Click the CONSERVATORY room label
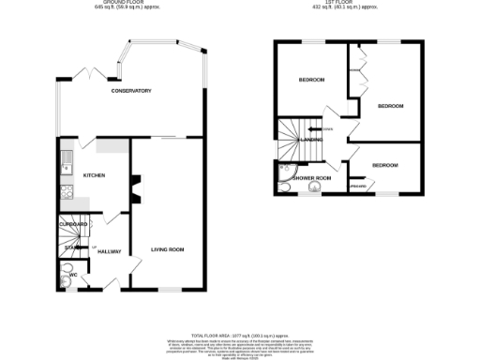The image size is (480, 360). [x=130, y=90]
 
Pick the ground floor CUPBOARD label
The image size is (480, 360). [x=73, y=225]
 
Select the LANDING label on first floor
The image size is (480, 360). [x=311, y=140]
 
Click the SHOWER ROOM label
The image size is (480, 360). [x=310, y=177]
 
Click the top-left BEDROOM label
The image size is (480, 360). [x=311, y=80]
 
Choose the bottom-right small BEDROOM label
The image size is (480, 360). [x=384, y=165]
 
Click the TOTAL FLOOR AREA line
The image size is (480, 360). [x=239, y=335]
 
